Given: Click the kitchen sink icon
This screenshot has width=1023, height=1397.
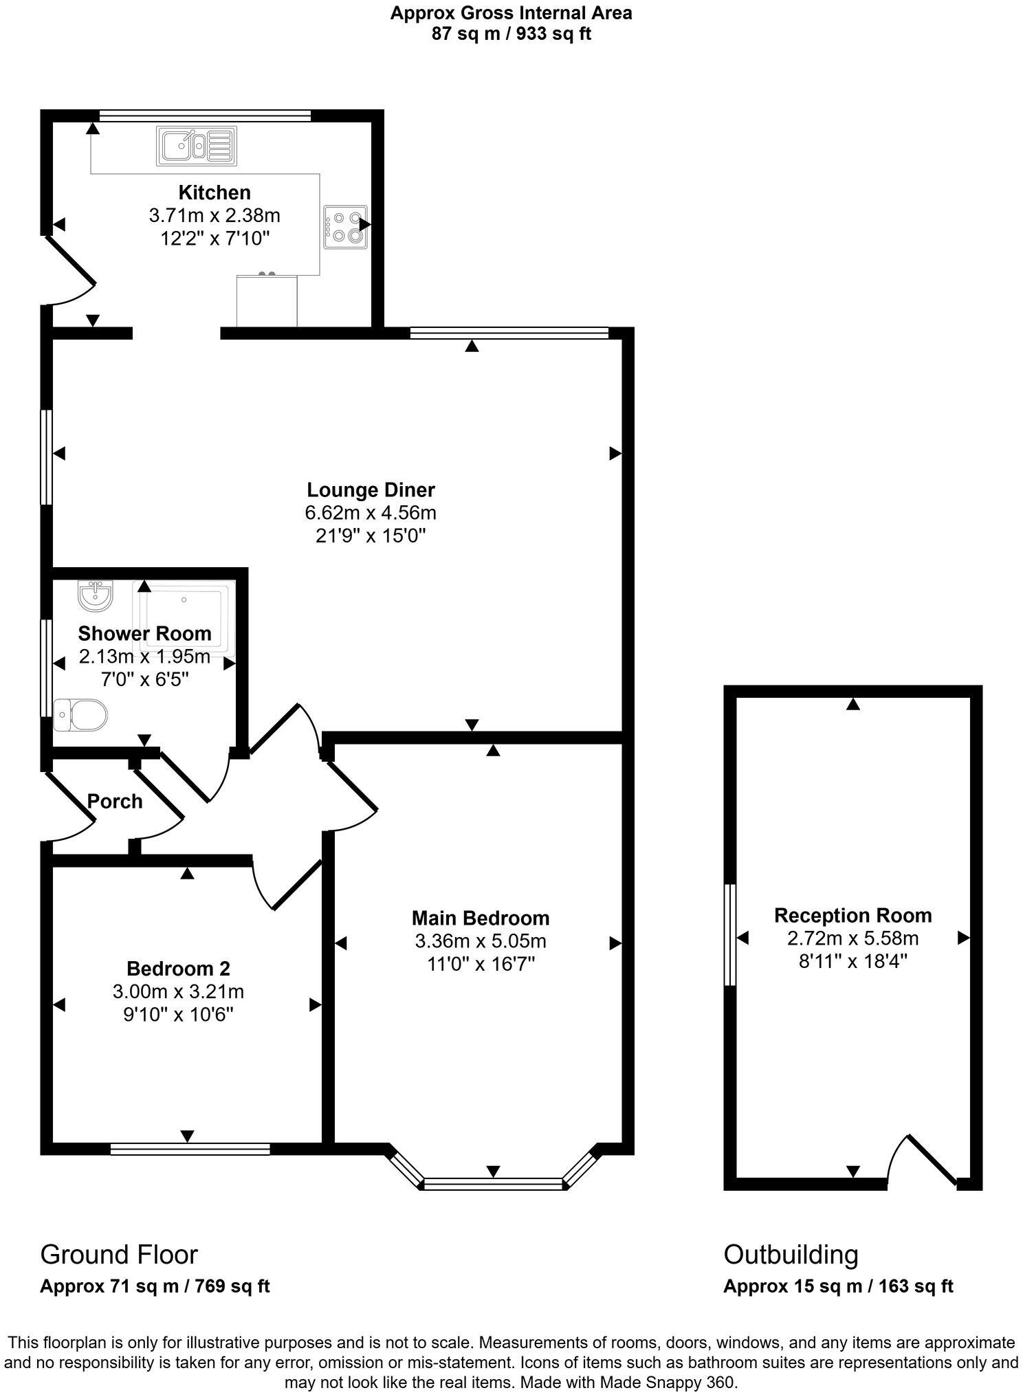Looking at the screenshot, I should click(197, 146).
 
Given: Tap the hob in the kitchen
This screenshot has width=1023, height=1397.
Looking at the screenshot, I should click(345, 227).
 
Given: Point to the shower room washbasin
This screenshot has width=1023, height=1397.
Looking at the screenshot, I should click(95, 595).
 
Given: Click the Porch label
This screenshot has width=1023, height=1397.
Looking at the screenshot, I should click(115, 801).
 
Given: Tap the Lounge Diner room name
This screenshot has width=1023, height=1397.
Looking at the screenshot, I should click(371, 490).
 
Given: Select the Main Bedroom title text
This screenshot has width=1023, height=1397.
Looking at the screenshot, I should click(481, 918).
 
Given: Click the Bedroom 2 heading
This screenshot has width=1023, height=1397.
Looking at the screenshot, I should click(178, 969).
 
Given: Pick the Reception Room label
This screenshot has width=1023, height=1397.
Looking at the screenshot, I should click(852, 915).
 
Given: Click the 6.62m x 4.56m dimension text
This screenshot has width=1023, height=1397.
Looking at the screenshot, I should click(371, 513).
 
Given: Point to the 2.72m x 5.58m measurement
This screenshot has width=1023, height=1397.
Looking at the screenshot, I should click(852, 938).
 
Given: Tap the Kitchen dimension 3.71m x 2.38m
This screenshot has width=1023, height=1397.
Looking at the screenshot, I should click(214, 216).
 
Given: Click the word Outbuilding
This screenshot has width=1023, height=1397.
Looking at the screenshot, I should click(791, 1255).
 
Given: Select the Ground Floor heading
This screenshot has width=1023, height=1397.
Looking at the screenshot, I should click(119, 1255).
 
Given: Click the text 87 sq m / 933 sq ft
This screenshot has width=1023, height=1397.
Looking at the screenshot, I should click(511, 34).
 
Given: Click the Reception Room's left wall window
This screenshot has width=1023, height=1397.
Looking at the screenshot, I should click(730, 934).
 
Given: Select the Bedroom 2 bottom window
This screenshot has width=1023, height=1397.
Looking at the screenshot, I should click(190, 1149).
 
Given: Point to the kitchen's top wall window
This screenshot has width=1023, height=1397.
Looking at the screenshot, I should click(204, 115).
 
